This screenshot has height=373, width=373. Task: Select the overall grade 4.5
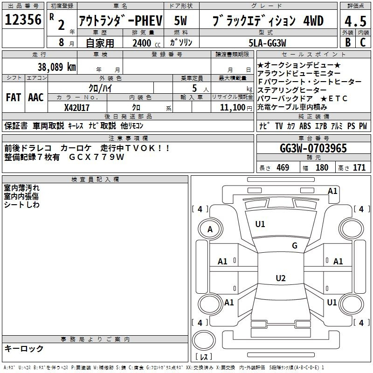pyautogui.click(x=355, y=21)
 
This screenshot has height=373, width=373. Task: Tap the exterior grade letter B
pyautogui.click(x=347, y=42)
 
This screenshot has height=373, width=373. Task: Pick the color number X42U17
pyautogui.click(x=77, y=108)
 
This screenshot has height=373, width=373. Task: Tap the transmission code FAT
pyautogui.click(x=13, y=97)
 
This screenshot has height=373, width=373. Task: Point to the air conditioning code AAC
pyautogui.click(x=35, y=97)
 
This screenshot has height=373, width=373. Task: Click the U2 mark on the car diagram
pyautogui.click(x=280, y=278)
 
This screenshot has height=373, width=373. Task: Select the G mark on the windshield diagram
pyautogui.click(x=295, y=246)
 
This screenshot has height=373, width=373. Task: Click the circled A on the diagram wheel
pyautogui.click(x=210, y=229)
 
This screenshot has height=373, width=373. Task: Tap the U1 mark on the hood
pyautogui.click(x=260, y=224)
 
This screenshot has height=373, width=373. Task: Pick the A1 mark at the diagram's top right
pyautogui.click(x=332, y=191)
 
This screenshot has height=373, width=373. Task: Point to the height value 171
pyautogui.click(x=359, y=168)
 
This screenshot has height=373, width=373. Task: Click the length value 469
pyautogui.click(x=283, y=168)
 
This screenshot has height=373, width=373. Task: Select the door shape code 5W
pyautogui.click(x=181, y=21)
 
